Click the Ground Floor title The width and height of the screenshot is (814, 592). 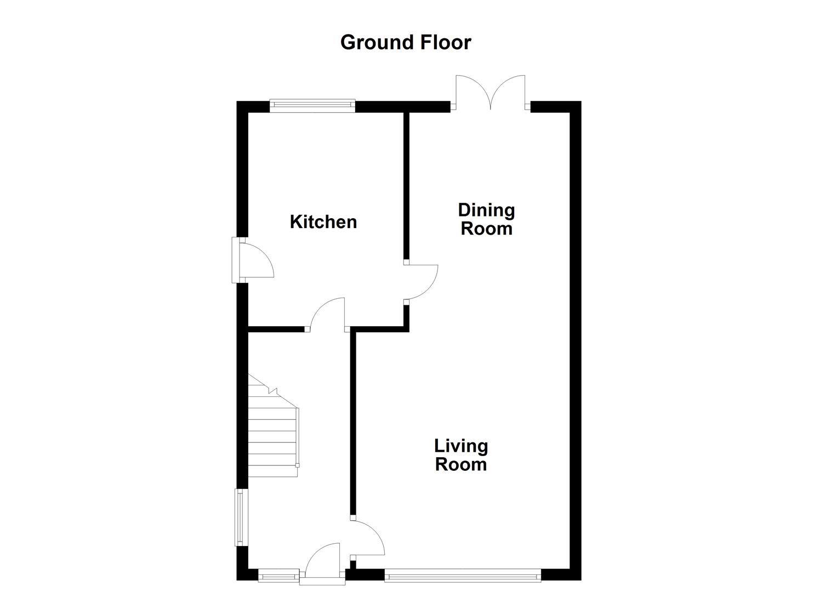[x=406, y=42]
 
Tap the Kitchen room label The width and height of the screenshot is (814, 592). [x=323, y=222]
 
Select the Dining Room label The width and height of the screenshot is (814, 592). [x=486, y=219]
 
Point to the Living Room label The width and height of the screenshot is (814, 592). [x=461, y=455]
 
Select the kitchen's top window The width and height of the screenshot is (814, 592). [x=312, y=105]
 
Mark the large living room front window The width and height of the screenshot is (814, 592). [x=463, y=575]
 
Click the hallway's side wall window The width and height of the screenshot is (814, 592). [x=240, y=517]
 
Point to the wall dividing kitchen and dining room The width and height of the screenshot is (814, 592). [x=407, y=186]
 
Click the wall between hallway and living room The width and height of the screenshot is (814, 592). [x=354, y=422]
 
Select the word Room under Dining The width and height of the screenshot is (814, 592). [x=486, y=229]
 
